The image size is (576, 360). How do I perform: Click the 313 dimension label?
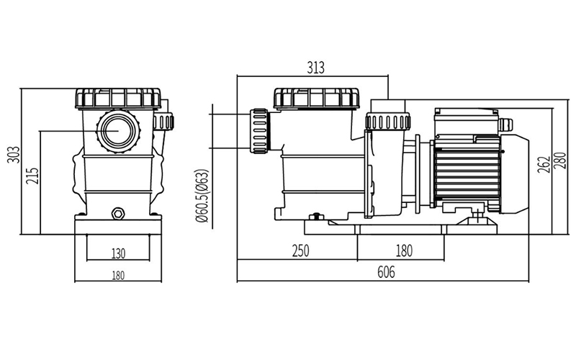315,68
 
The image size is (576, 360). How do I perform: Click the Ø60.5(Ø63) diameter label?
202,196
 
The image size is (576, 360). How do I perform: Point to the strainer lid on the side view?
316,97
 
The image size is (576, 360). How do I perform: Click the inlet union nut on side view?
258,131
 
